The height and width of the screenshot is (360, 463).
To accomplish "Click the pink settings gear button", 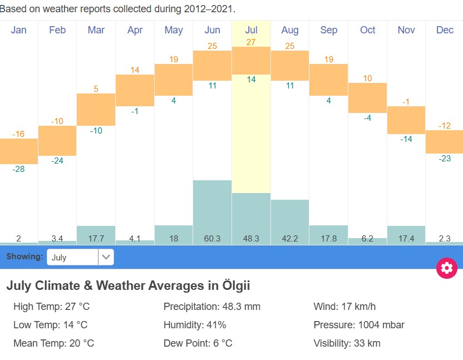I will click(446, 268).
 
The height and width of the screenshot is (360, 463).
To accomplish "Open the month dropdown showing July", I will click(81, 257).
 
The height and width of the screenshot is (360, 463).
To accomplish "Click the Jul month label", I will click(251, 30).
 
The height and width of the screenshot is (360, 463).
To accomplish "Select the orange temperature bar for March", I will click(96, 109).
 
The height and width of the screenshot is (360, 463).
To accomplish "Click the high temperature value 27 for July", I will click(251, 42).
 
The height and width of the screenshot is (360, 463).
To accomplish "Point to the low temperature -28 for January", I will click(18, 169).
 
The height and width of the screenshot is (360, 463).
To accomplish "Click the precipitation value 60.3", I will click(212, 239).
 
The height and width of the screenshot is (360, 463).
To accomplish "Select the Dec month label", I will click(445, 30).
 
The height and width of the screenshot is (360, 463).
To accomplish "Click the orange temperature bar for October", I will click(367, 98).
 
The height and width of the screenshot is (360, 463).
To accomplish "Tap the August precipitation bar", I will click(289, 217).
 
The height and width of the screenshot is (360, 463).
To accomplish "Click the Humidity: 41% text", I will click(195, 325).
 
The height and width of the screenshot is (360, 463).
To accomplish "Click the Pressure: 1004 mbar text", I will click(359, 325).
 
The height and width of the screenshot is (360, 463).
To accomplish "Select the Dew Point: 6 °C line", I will click(198, 343).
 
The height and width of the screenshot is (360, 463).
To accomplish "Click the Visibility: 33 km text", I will click(347, 343).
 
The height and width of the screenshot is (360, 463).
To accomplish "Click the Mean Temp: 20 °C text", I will click(53, 343).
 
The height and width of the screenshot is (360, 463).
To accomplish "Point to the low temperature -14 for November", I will click(406, 139).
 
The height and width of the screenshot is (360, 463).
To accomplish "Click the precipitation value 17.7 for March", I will click(96, 239).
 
